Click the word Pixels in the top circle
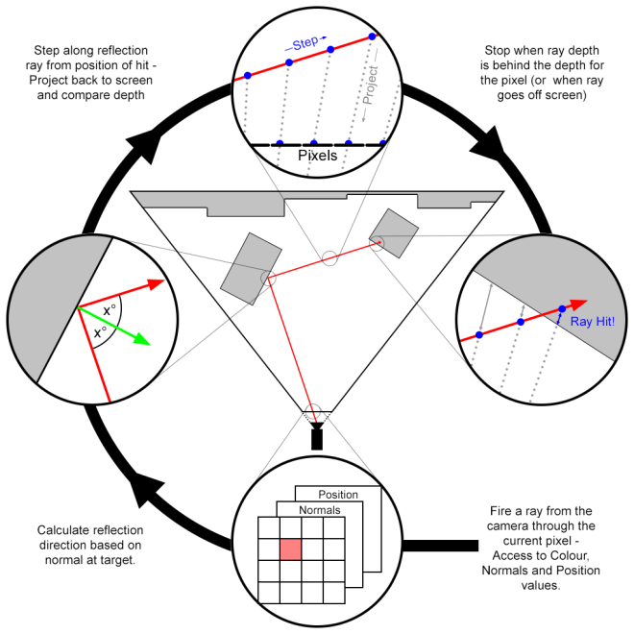point(317,156)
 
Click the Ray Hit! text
point(592,321)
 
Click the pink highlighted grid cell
point(290,548)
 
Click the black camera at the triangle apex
point(317,436)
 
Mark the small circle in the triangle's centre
point(329,257)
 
